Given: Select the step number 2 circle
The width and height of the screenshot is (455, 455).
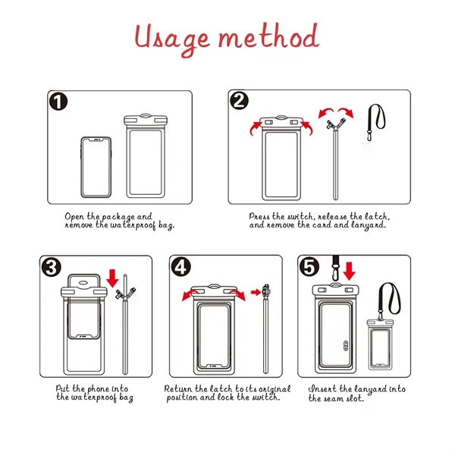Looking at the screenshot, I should tap(240, 102).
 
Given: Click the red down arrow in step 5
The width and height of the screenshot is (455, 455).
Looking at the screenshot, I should tap(350, 270).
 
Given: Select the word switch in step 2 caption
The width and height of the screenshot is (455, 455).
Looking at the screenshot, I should tap(303, 216).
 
